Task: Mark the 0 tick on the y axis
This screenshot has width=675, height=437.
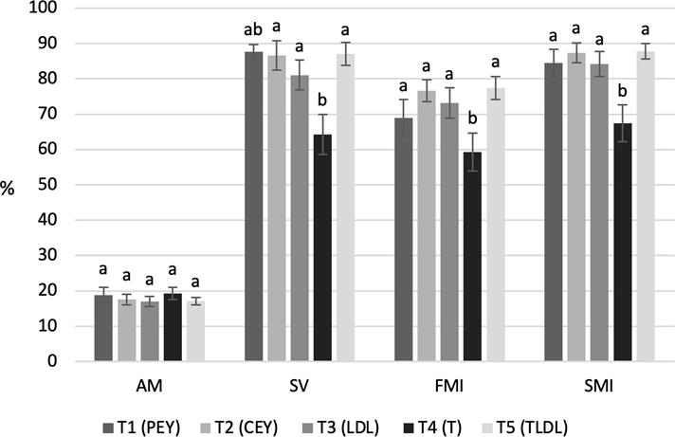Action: point(51,361)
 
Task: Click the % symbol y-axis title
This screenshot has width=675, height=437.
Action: point(8,188)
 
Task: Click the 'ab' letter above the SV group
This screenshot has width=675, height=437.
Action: point(252,30)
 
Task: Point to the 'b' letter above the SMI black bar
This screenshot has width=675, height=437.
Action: point(623,90)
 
